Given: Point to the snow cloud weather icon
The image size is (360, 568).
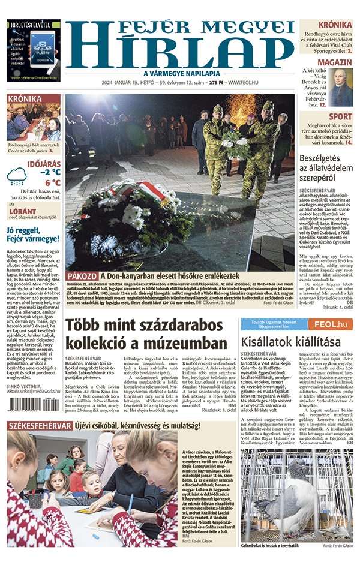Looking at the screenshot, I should pos(17,176).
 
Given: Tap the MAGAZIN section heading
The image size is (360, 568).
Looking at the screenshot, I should pos(334,62).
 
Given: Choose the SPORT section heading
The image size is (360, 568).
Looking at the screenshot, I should pos(340,116).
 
